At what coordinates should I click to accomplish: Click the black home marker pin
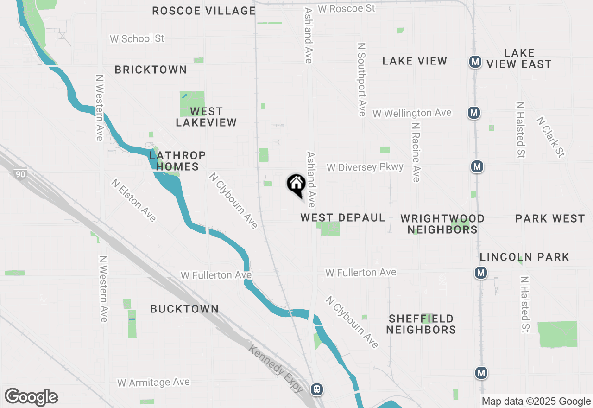pyautogui.click(x=296, y=185)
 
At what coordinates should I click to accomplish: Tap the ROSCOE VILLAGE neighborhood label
pyautogui.click(x=204, y=11)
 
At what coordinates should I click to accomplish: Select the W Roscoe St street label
pyautogui.click(x=346, y=8)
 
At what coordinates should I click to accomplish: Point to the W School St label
pyautogui.click(x=137, y=38)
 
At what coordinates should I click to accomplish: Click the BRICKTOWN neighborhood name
pyautogui.click(x=151, y=70)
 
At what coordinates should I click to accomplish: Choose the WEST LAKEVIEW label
pyautogui.click(x=206, y=117)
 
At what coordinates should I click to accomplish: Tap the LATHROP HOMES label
pyautogui.click(x=177, y=161)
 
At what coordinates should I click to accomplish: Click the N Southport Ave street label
pyautogui.click(x=362, y=80)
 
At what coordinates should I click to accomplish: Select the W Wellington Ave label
pyautogui.click(x=411, y=113)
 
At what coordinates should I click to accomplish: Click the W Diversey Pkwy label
pyautogui.click(x=365, y=167)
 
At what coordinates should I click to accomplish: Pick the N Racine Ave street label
pyautogui.click(x=416, y=152)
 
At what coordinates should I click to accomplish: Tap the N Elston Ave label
pyautogui.click(x=133, y=200)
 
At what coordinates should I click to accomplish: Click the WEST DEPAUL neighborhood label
pyautogui.click(x=343, y=217)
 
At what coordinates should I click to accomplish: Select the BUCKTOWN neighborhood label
pyautogui.click(x=184, y=309)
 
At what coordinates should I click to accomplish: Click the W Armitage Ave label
pyautogui.click(x=153, y=382)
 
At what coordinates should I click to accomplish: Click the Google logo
pyautogui.click(x=31, y=397)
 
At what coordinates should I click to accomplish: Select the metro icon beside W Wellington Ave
pyautogui.click(x=473, y=113)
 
